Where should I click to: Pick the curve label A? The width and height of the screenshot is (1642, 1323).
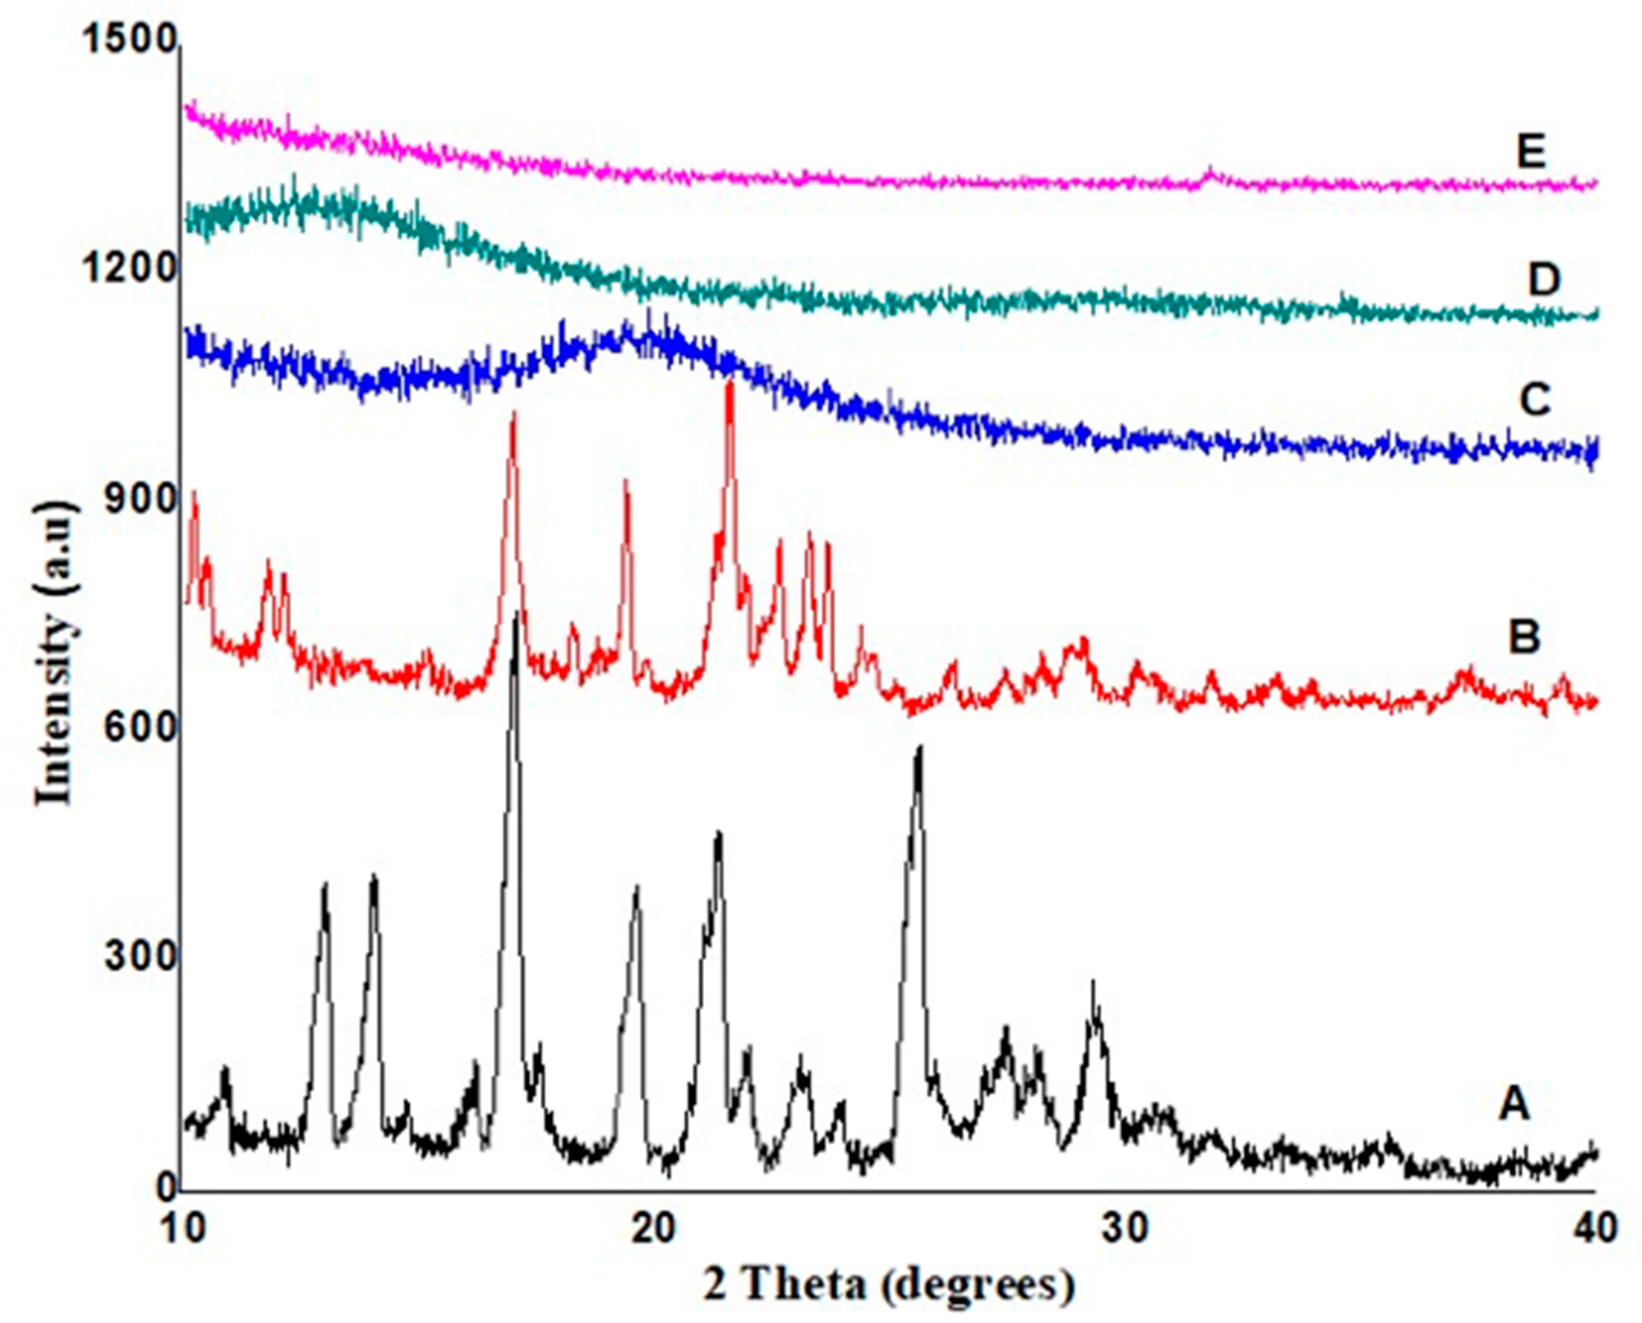(x=1514, y=1103)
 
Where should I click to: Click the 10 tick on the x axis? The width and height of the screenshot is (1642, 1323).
(x=184, y=1229)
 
